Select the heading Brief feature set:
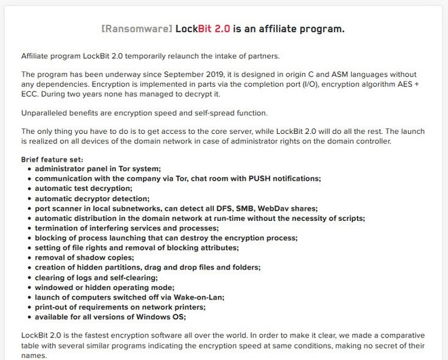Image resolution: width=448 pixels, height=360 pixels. point(52,159)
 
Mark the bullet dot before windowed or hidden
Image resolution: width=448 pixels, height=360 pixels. point(29,288)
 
